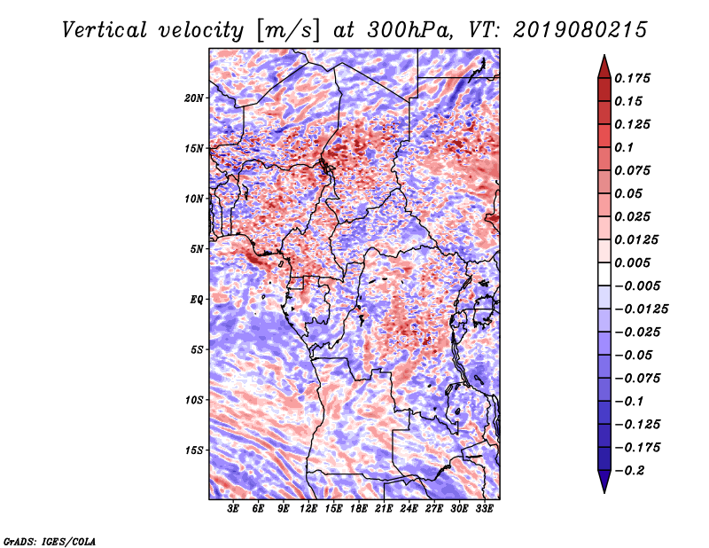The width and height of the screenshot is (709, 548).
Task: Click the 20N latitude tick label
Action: [194, 98]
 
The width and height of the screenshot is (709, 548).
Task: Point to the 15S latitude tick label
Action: [194, 450]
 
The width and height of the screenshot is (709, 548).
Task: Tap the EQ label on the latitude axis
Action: [197, 299]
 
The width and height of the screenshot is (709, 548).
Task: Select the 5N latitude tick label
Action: [197, 249]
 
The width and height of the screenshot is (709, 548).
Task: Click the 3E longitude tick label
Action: [234, 509]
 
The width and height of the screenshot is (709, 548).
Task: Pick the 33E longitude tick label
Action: [485, 509]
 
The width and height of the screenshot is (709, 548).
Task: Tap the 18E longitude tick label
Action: [359, 509]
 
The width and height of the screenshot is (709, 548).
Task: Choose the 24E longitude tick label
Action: [409, 509]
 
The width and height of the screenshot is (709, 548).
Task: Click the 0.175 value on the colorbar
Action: [634, 78]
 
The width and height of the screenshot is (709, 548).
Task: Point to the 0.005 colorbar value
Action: [634, 262]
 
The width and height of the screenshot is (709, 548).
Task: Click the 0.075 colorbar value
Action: [634, 170]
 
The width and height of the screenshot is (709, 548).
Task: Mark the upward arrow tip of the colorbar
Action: [603, 57]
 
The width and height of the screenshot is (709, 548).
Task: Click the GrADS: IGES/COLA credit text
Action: [50, 540]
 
